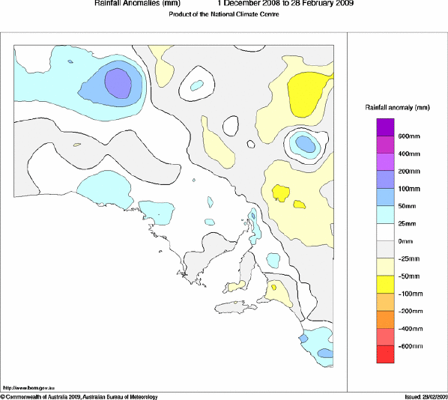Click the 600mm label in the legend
tap(408, 136)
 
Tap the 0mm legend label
tap(405, 240)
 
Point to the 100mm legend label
tap(408, 188)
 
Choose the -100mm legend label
tap(408, 293)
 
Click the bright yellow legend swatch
tap(385, 284)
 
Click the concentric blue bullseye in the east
tap(304, 142)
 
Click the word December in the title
tap(242, 4)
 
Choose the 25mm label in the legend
tap(407, 223)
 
